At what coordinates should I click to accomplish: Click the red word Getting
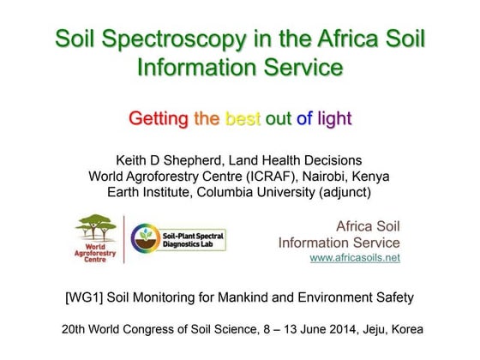159,118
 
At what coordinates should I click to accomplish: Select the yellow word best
243,118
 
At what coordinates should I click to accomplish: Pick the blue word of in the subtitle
304,118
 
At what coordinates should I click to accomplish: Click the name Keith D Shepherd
166,160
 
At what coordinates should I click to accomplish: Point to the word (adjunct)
341,192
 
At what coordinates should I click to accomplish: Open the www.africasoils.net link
354,257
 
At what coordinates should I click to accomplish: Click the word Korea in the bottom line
405,329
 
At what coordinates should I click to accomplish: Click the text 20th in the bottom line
75,329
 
